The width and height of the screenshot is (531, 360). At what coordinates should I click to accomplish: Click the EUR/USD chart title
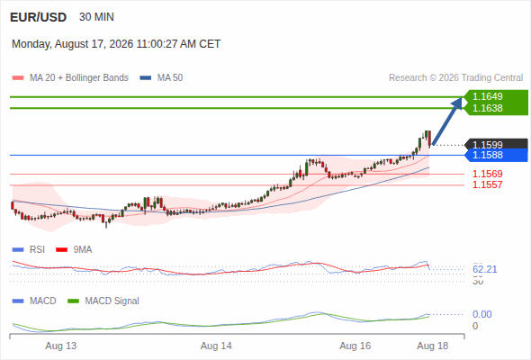[x=39, y=17]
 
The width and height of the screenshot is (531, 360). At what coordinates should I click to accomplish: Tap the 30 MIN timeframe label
[x=96, y=17]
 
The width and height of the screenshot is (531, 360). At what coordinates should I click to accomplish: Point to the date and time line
[x=116, y=44]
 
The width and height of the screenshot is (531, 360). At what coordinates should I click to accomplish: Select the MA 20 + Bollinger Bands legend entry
[x=70, y=78]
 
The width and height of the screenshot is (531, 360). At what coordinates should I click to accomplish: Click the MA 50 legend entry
[x=161, y=78]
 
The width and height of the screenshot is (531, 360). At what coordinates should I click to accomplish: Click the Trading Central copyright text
[x=455, y=78]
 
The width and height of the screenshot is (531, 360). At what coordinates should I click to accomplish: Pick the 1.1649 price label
[x=487, y=96]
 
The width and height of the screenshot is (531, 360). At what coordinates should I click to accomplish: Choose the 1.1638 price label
[x=487, y=108]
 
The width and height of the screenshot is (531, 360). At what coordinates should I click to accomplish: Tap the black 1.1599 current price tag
[x=497, y=145]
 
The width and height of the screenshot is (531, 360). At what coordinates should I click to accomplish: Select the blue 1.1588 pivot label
[x=497, y=155]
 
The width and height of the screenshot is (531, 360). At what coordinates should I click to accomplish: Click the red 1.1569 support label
[x=487, y=174]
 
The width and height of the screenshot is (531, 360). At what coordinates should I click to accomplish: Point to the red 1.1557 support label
[x=487, y=184]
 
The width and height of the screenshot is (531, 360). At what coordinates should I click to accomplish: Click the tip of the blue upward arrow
[x=462, y=97]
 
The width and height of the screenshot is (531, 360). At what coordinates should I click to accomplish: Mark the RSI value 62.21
[x=484, y=270]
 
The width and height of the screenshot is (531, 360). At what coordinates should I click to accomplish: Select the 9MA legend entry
[x=74, y=250]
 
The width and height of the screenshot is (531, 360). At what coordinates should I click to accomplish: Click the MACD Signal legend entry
[x=103, y=301]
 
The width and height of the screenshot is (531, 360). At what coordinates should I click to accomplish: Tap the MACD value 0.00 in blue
[x=481, y=314]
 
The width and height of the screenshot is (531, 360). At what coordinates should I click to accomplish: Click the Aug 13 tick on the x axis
[x=61, y=346]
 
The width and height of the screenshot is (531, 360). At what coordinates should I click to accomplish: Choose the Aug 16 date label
[x=355, y=346]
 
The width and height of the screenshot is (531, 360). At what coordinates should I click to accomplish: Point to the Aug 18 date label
[x=433, y=346]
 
